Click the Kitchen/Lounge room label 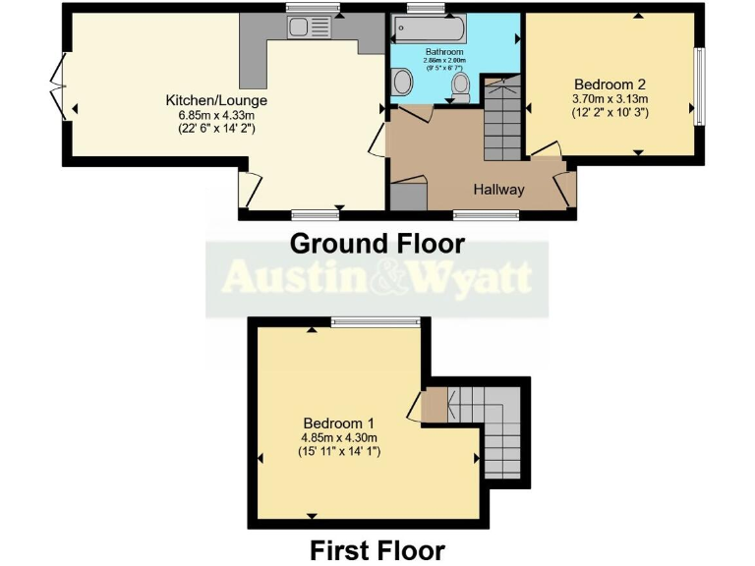(216, 100)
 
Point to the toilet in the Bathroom (459, 89)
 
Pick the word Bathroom (444, 51)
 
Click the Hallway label (499, 190)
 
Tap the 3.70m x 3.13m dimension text (610, 99)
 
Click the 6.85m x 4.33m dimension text (216, 114)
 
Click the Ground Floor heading (377, 242)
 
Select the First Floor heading (377, 549)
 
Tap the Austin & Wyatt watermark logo (377, 278)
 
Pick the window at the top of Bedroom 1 (376, 320)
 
